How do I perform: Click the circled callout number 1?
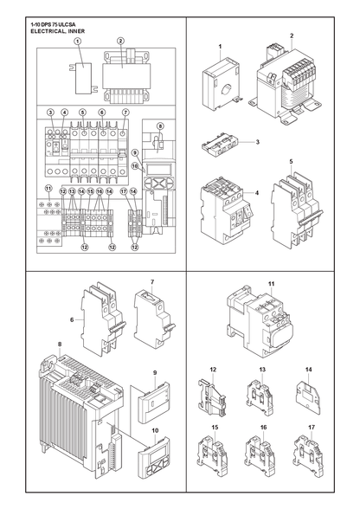point(78,41)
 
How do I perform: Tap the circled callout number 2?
point(121,41)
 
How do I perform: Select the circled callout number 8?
point(160,126)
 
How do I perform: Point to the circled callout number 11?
point(48,189)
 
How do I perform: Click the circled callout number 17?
point(124,191)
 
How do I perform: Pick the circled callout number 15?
point(90,191)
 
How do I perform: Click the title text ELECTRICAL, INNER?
point(58,31)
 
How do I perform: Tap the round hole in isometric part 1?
point(227,89)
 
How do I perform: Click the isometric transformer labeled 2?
point(283,86)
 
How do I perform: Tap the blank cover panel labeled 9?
point(152,404)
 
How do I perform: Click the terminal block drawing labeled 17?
point(309,454)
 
